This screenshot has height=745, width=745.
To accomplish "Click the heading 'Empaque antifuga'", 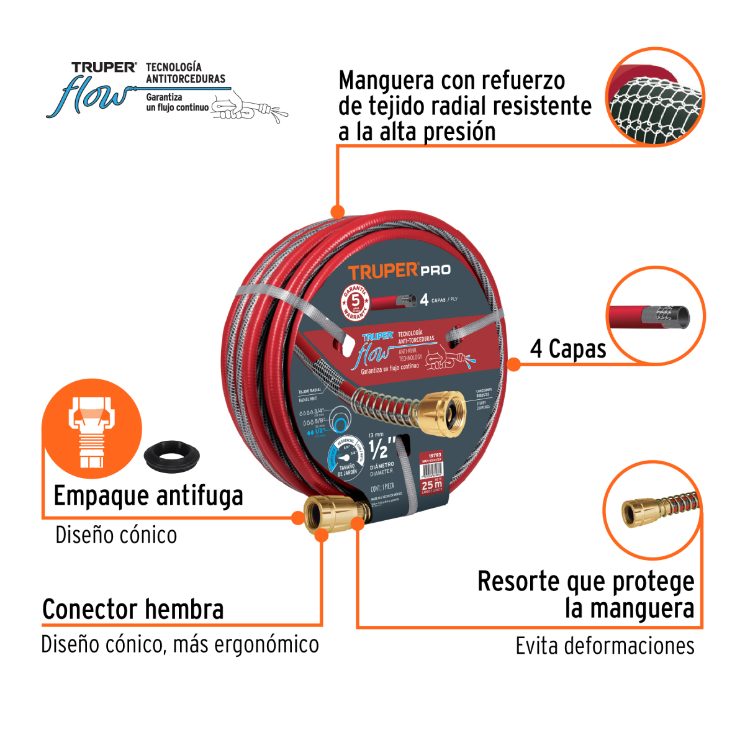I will (x=148, y=496).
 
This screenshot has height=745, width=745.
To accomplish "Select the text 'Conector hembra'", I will (x=133, y=609).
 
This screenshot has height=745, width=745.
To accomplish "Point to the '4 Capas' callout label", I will (x=568, y=349).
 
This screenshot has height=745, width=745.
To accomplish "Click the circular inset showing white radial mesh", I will (x=655, y=97).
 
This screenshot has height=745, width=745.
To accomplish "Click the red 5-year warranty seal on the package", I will (x=356, y=301).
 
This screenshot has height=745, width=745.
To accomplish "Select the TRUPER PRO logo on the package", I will (x=399, y=271).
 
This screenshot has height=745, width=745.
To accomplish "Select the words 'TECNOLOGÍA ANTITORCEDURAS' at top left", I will (x=185, y=73).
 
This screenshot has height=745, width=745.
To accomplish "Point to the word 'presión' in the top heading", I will (x=459, y=132).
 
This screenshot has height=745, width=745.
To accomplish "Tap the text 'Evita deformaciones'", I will (x=605, y=646).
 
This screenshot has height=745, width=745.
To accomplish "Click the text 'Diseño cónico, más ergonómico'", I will (x=180, y=644).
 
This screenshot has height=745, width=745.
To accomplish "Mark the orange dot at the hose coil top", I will (x=337, y=212).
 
